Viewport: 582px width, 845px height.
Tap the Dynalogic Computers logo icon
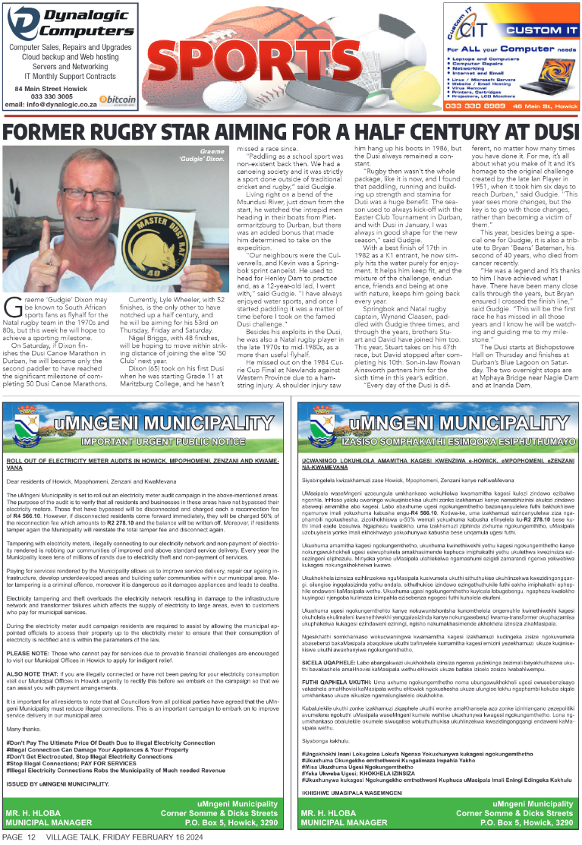click(22, 24)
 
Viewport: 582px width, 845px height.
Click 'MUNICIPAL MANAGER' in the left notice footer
click(49, 822)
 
